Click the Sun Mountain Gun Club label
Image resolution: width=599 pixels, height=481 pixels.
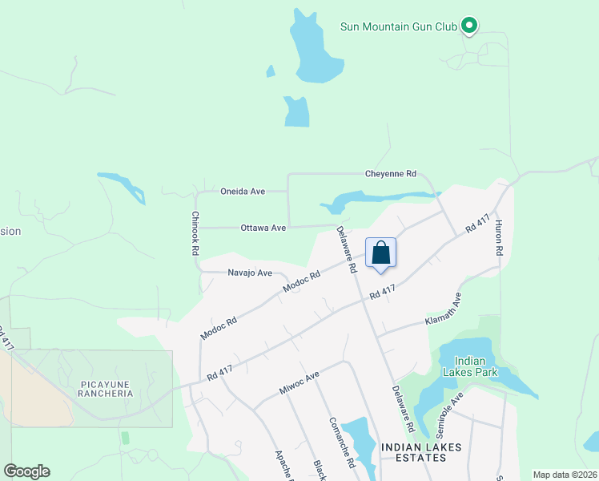[x=398, y=26]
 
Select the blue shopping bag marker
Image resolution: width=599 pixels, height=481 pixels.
[x=381, y=254]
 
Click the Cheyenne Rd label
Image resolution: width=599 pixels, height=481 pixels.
[x=391, y=173]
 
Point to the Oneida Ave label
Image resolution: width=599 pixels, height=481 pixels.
[x=243, y=192]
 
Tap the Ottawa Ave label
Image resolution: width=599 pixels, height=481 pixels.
[x=263, y=228]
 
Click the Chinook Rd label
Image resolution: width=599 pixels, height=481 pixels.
[x=195, y=233]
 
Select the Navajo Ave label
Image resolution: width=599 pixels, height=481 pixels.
[x=250, y=273]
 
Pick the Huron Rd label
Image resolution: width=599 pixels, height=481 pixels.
[x=498, y=237]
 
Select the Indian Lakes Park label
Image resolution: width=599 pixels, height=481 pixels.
[x=476, y=366]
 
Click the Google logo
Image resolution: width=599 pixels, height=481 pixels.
[x=26, y=471]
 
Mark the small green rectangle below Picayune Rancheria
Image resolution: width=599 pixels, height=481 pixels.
[x=124, y=438]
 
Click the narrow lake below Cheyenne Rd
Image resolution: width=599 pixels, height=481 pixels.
[x=376, y=199]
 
